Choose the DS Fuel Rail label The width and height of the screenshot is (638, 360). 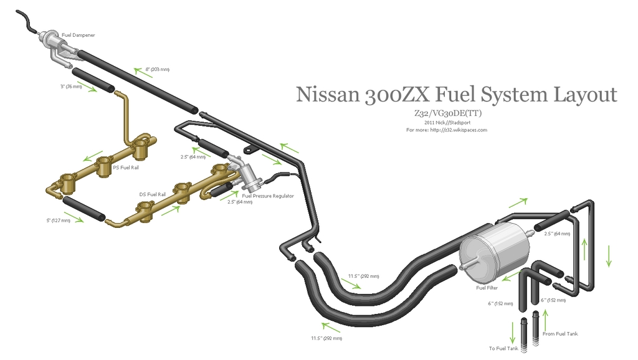(x=153, y=194)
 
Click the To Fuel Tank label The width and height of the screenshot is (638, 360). (x=504, y=349)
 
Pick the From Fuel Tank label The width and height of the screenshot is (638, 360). (x=560, y=334)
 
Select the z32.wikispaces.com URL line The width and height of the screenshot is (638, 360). (x=446, y=130)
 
